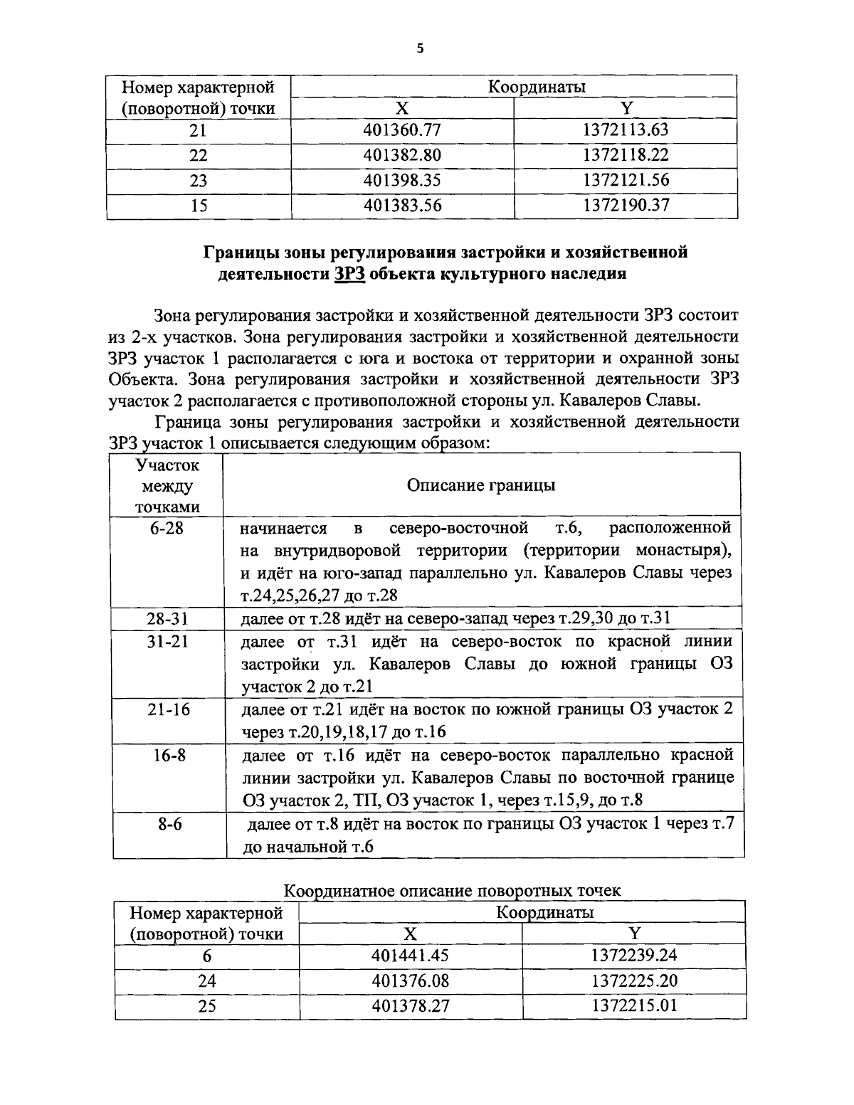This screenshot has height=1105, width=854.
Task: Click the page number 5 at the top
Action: point(420,48)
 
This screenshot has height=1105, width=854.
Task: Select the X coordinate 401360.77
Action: point(402,129)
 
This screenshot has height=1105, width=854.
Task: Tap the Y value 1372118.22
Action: point(626,154)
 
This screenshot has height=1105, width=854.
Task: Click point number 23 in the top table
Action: point(199,180)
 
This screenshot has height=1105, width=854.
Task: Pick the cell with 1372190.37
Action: point(626,206)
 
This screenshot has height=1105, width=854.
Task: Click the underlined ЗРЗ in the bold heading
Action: point(349,275)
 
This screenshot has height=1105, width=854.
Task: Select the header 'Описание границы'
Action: point(481,485)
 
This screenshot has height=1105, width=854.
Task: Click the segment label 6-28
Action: point(167,529)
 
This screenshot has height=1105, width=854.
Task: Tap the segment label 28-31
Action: point(167,618)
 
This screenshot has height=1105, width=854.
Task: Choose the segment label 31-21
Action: point(167,641)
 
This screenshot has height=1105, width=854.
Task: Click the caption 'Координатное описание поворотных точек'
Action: point(452,890)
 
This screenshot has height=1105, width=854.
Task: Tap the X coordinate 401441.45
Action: point(411,956)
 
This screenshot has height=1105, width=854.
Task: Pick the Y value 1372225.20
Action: point(634,981)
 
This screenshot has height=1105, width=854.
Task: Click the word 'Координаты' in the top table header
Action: point(537,87)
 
